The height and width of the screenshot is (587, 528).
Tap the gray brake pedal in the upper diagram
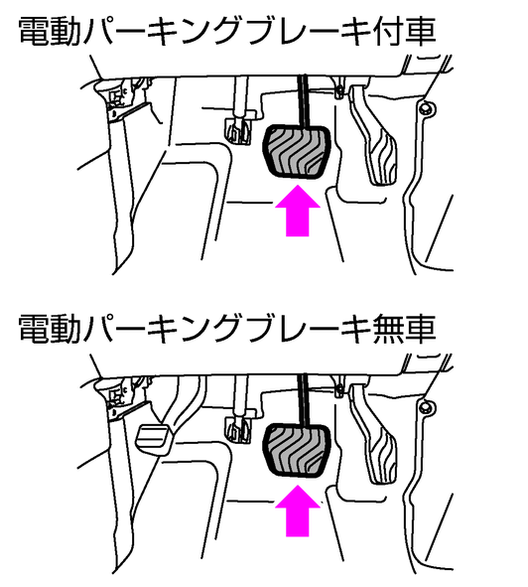(298, 151)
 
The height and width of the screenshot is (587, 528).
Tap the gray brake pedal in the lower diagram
(298, 451)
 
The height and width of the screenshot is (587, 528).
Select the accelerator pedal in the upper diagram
(374, 138)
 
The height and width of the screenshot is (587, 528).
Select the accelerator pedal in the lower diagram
(374, 437)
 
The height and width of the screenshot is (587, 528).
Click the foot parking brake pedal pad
(154, 439)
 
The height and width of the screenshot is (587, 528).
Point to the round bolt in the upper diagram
(426, 109)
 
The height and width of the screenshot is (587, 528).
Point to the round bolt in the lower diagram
(426, 407)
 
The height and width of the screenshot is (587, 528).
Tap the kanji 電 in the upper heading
(34, 32)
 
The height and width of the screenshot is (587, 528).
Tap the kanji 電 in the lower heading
(34, 330)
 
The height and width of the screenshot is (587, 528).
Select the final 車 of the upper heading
(420, 32)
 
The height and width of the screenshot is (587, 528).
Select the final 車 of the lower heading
(420, 330)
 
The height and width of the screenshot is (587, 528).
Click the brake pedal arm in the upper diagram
(304, 101)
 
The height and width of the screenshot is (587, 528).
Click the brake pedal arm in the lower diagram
(304, 400)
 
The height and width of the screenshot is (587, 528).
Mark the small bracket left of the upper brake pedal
(238, 130)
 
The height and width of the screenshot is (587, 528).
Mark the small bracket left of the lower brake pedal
(238, 429)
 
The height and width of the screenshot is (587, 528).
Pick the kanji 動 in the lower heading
(65, 330)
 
